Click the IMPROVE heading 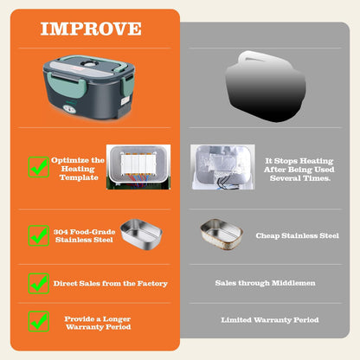[91, 29]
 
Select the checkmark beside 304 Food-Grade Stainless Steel [38, 235]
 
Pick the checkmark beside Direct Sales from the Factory [38, 283]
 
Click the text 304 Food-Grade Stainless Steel [82, 235]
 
